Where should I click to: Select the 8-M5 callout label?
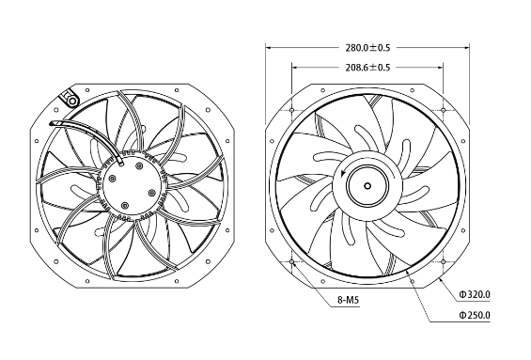pos(348,300)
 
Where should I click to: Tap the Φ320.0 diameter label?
pos(474,294)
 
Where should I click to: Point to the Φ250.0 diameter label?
pos(474,315)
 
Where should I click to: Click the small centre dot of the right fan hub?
pos(367,185)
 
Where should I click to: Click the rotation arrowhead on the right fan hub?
pos(343,174)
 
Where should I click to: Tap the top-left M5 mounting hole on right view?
pos(292,110)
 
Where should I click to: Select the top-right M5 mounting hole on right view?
pos(443,110)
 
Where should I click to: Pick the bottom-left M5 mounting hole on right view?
pos(292,262)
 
